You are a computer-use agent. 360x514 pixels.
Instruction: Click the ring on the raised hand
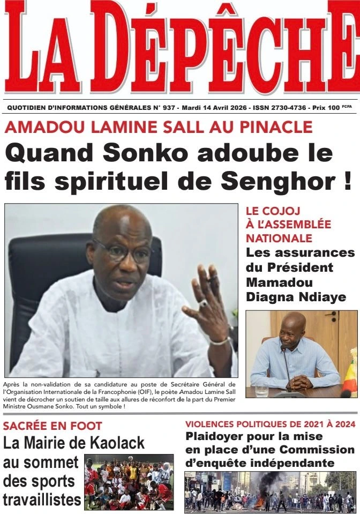point(204,303)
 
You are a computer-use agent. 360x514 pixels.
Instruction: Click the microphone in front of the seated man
point(284,351)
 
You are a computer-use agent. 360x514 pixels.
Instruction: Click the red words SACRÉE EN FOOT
point(52,426)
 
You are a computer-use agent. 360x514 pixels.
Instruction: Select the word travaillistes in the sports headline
point(42,500)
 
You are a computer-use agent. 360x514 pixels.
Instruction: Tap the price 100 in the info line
point(333,108)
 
